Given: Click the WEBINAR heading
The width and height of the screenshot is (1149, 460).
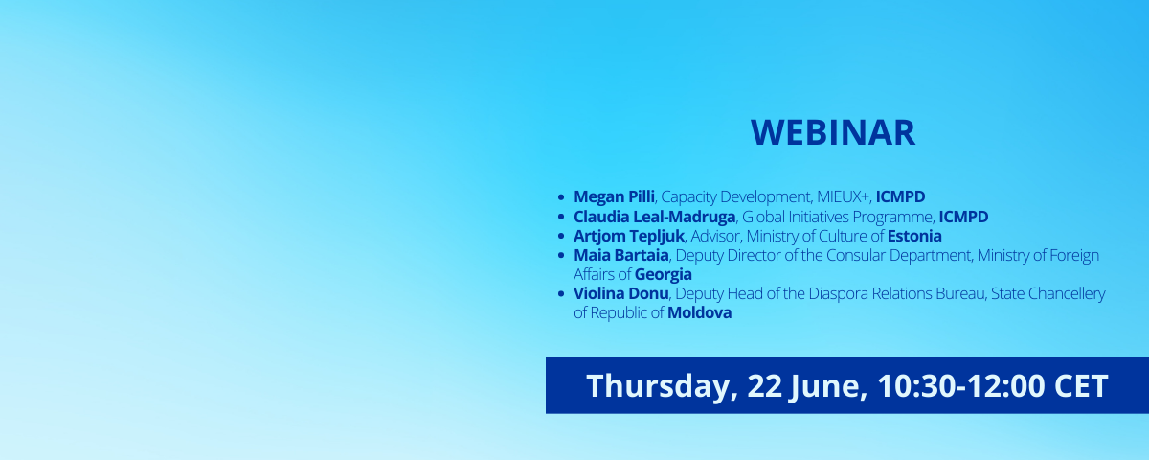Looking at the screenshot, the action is click(x=833, y=133).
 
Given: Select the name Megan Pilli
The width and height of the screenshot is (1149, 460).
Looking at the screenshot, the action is click(x=614, y=196).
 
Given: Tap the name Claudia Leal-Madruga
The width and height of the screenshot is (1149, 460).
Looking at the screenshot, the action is click(x=655, y=217).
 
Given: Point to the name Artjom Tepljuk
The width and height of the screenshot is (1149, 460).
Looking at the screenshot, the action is click(x=629, y=236).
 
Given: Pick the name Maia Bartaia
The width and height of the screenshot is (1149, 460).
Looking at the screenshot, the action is click(x=621, y=255).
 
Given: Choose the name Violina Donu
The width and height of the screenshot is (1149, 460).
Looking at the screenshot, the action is click(x=621, y=293).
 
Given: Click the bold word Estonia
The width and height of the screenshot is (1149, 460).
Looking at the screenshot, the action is click(x=914, y=236).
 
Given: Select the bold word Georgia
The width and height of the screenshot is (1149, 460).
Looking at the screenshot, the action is click(x=664, y=275).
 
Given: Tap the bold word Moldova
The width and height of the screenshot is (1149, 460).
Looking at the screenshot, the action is click(x=700, y=312).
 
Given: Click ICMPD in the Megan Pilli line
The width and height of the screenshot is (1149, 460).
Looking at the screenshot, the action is click(x=900, y=196).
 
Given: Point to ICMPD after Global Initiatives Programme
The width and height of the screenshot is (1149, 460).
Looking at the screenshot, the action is click(x=963, y=217).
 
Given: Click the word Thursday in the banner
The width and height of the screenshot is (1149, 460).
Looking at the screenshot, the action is click(x=663, y=386).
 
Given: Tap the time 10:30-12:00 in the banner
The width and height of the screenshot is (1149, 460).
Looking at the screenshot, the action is click(x=960, y=385).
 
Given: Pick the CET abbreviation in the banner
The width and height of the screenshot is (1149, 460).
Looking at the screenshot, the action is click(x=1081, y=385).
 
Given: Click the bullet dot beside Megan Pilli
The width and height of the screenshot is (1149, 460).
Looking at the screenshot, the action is click(x=561, y=197).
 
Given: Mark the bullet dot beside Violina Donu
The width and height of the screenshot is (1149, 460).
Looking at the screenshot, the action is click(x=561, y=294).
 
